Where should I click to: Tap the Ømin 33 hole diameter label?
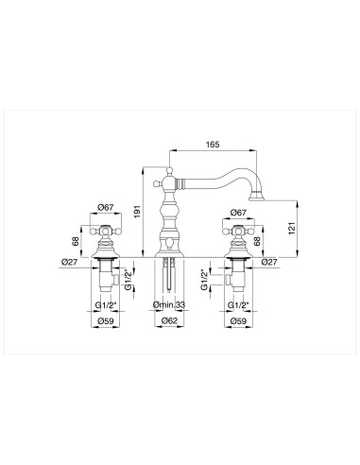[170, 303]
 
